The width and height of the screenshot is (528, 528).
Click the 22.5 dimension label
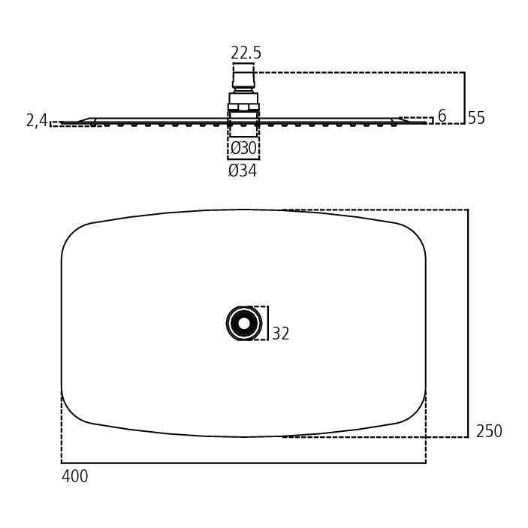coord(246,53)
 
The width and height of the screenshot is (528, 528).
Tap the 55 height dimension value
coord(476,118)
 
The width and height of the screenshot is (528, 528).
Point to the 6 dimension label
coord(442,116)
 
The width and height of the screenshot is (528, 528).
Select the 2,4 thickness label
coord(37,120)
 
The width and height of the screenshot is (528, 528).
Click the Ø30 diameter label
coord(243,148)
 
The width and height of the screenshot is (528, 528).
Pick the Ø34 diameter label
coord(243,170)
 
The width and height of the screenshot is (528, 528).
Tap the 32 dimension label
coord(280,333)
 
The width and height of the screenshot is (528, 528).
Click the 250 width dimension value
coord(489,431)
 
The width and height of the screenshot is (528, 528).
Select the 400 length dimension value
coord(75,476)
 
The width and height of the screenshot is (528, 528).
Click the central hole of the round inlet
coord(244,323)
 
